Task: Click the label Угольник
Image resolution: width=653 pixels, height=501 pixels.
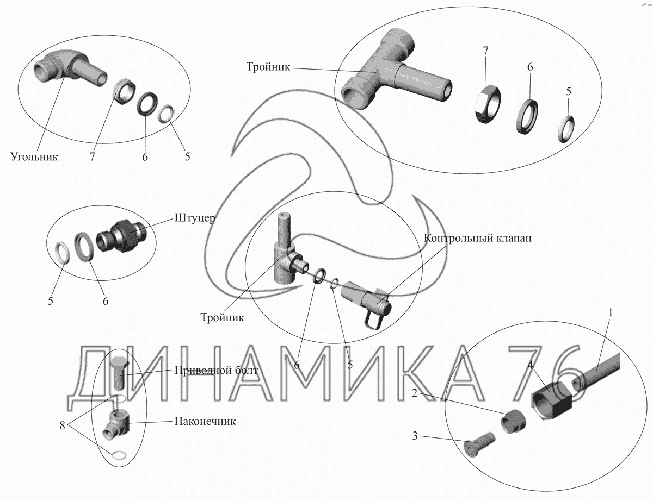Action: (34, 157)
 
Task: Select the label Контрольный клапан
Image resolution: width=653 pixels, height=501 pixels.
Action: (477, 238)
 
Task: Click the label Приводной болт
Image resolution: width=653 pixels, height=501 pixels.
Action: (216, 371)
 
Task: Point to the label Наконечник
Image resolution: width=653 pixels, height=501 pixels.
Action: (205, 422)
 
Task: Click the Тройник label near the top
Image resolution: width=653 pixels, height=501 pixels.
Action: (268, 67)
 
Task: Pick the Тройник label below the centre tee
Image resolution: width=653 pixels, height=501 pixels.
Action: (222, 317)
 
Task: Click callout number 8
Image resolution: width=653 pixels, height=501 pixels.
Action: (62, 425)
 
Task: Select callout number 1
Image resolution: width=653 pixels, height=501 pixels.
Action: (610, 313)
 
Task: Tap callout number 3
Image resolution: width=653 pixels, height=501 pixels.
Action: (415, 436)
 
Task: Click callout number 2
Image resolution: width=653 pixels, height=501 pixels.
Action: (415, 393)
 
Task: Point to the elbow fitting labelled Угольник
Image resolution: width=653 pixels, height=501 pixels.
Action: (69, 67)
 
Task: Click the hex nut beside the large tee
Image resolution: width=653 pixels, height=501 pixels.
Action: (487, 103)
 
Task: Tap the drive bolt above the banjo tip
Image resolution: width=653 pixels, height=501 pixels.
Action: (119, 373)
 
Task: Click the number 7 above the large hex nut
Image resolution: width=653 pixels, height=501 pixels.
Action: (485, 51)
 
